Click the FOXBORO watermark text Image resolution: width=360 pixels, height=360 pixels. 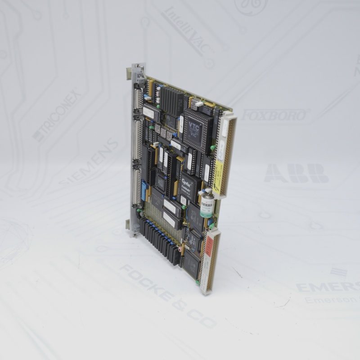[275, 115]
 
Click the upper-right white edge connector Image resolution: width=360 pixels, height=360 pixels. [227, 153]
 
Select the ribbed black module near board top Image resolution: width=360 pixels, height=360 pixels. [172, 100]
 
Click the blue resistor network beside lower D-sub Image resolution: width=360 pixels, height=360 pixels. [145, 191]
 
